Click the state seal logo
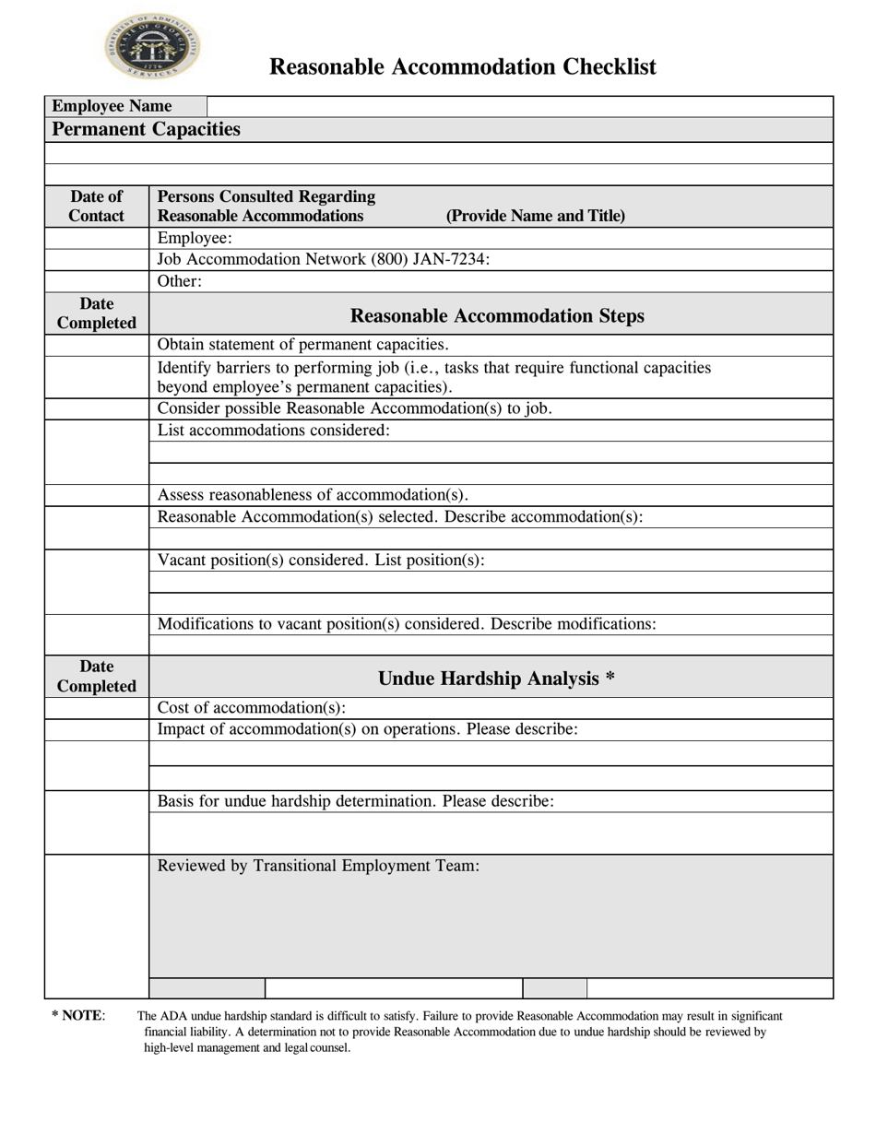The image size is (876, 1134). [x=152, y=47]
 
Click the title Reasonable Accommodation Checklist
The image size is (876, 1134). [x=462, y=67]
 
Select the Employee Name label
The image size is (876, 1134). [x=112, y=106]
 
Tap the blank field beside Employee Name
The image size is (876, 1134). [x=519, y=106]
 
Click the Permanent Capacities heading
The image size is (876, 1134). [x=146, y=129]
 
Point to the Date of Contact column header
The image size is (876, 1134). [x=97, y=207]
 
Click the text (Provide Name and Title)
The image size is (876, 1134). [x=535, y=216]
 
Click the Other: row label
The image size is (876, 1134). [x=180, y=281]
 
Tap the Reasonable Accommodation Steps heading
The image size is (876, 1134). [x=497, y=315]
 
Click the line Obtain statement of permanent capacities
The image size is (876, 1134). [x=303, y=345]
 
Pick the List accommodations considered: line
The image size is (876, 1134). [x=274, y=430]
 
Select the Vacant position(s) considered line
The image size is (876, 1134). [x=321, y=560]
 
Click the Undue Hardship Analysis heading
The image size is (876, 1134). [x=496, y=679]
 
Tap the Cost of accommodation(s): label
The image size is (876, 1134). [x=252, y=707]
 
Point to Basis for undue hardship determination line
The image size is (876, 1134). [x=356, y=801]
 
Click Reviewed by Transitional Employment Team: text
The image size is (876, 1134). [x=318, y=866]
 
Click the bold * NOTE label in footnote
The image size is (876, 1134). [x=78, y=1015]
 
